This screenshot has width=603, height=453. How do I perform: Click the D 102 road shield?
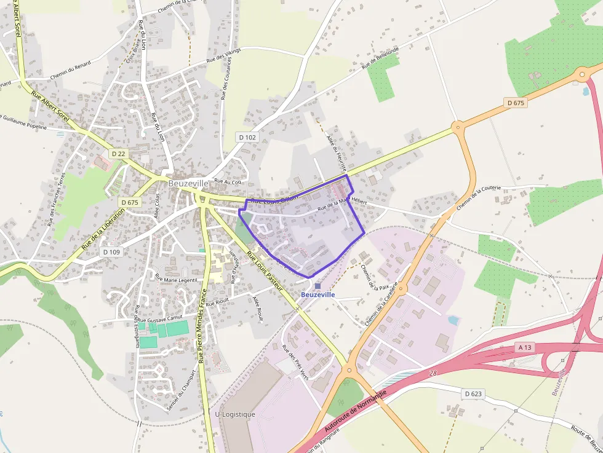tap(247, 137)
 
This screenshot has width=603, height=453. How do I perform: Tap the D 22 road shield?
tap(119, 153)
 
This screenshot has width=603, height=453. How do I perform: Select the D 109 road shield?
tap(111, 251)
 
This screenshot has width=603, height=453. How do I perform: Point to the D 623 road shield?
tap(473, 393)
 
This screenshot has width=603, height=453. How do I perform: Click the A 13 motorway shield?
tap(524, 347)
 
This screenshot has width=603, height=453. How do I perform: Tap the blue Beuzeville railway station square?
tap(317, 286)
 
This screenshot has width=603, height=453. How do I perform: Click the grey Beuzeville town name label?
tap(188, 184)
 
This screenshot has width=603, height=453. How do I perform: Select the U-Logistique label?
tap(235, 414)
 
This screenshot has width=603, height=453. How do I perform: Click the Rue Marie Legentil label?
tap(176, 279)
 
